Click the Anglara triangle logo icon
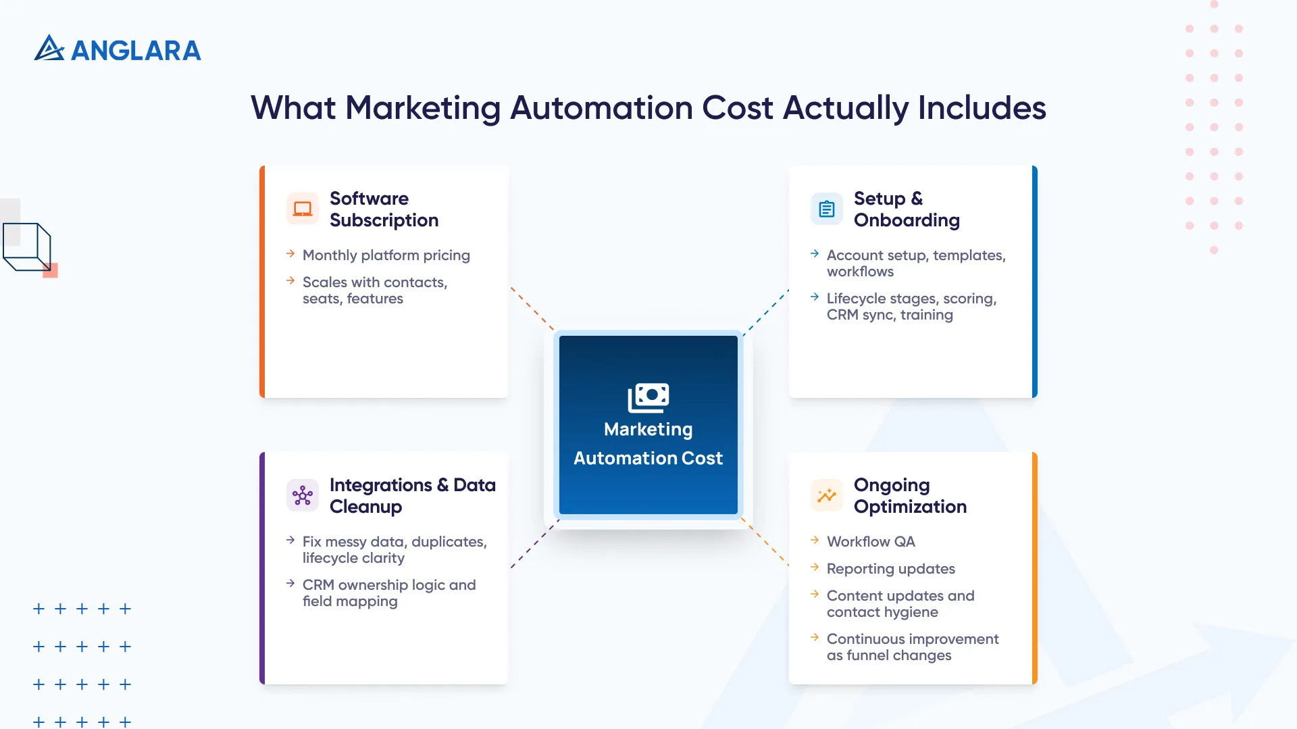(x=49, y=48)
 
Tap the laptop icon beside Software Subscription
(x=303, y=209)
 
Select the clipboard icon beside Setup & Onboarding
(x=827, y=209)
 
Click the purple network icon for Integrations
(x=303, y=495)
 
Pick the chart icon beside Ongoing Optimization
(x=827, y=495)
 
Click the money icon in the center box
(x=648, y=397)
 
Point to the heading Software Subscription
(x=384, y=209)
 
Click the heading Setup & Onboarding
(x=907, y=209)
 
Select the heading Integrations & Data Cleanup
(x=412, y=495)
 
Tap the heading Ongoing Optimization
(x=910, y=495)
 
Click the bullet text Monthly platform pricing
(x=386, y=255)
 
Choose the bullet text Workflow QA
(x=871, y=542)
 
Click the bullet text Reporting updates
(x=890, y=569)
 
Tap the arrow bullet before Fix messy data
(x=290, y=541)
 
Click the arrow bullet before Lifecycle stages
(x=815, y=297)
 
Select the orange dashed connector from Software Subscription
(x=532, y=309)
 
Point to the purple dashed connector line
(x=534, y=544)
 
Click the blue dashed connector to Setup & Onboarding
(x=766, y=312)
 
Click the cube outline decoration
(x=27, y=247)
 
